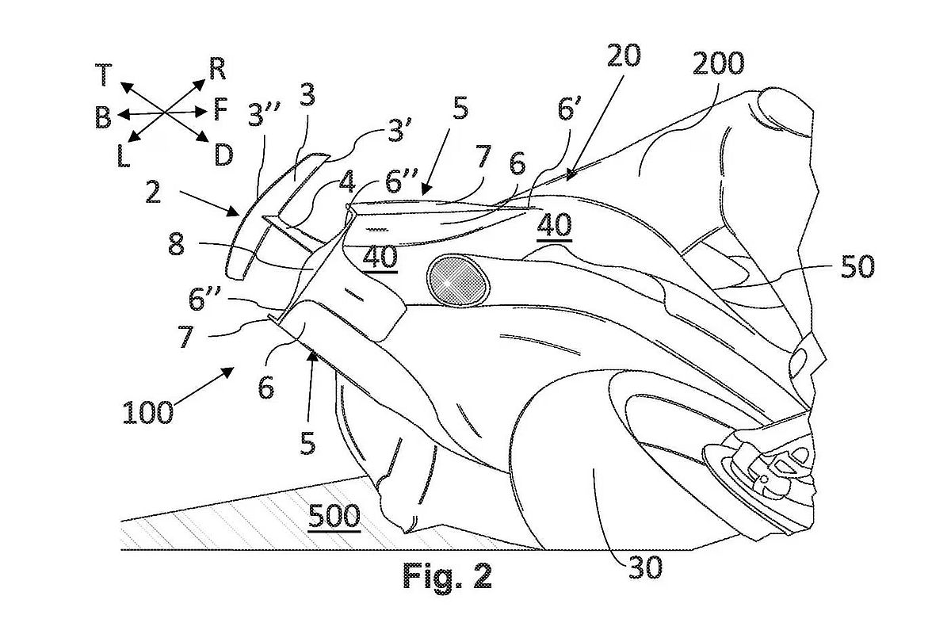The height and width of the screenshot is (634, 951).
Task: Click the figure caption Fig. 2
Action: coord(447,576)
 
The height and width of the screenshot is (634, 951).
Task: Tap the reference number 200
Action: coord(718,64)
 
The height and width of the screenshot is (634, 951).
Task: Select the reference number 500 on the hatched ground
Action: coord(334,517)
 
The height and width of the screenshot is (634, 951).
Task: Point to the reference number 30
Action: coord(645,567)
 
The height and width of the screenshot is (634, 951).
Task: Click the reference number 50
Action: coord(857,267)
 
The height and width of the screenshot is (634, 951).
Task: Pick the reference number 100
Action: coord(148,412)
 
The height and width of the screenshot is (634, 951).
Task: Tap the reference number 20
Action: coord(624,55)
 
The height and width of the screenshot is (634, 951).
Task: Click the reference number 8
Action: coord(176,244)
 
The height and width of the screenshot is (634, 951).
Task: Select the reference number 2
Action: coord(153,192)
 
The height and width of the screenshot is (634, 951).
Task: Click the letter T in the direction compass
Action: coord(103,74)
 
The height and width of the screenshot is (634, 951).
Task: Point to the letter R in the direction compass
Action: coord(217,69)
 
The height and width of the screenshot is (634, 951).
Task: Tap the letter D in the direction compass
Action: coord(223,155)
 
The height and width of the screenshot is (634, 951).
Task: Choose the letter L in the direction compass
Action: coord(123,156)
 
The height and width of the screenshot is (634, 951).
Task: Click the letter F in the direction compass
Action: coord(220,109)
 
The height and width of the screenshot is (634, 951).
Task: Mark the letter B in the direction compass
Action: coord(103,116)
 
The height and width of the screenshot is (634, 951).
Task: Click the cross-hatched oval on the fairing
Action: coord(458,281)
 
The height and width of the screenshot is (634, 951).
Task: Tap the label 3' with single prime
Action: coord(397,130)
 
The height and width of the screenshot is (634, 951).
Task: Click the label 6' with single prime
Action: coord(570,109)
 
